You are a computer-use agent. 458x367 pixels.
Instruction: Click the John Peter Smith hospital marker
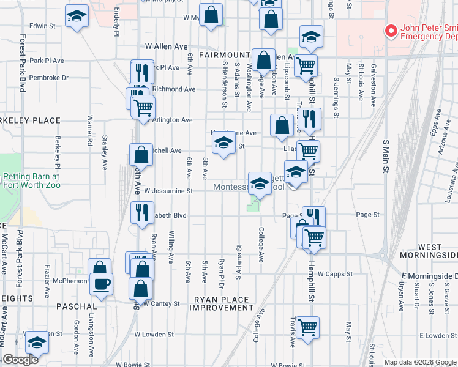(389, 31)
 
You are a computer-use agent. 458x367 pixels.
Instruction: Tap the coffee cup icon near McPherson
(101, 284)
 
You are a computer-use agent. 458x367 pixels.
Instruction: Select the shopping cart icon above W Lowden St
(307, 327)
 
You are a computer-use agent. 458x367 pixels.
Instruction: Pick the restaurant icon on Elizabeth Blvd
(142, 213)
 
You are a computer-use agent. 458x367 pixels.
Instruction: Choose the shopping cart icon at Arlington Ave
(143, 108)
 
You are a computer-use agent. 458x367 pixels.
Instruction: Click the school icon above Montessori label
(260, 183)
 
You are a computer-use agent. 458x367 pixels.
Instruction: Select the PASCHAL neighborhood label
(76, 306)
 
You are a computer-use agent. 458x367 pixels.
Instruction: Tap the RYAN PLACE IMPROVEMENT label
(221, 303)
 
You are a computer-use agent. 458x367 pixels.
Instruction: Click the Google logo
(20, 360)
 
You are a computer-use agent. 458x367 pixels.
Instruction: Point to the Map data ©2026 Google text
(419, 362)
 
